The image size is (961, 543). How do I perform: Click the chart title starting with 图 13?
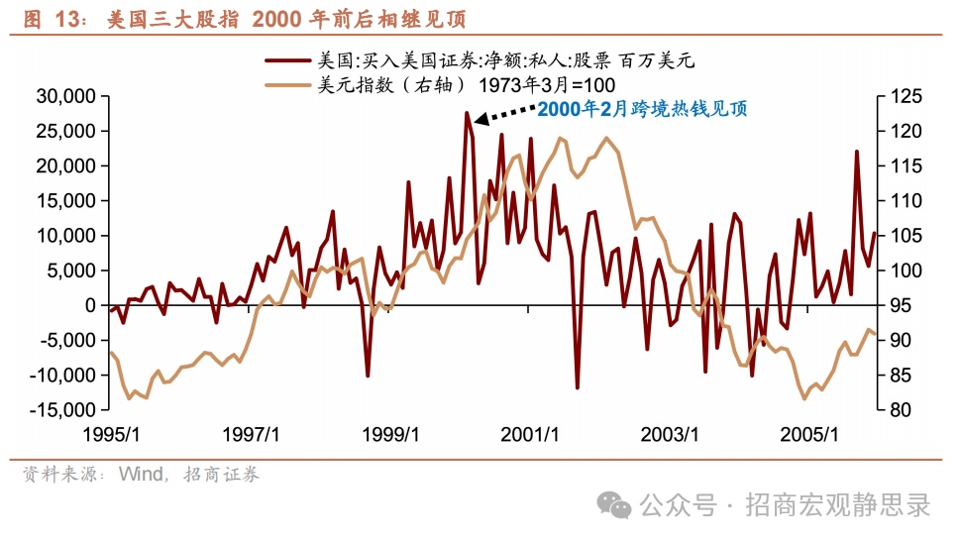tap(244, 20)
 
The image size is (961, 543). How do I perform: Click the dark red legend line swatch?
tap(287, 61)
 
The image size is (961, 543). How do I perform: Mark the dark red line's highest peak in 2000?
tap(467, 113)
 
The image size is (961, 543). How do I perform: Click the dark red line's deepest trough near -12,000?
tap(578, 387)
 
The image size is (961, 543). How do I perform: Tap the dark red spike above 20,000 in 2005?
tap(857, 152)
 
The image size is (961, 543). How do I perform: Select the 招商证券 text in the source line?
tap(222, 475)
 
